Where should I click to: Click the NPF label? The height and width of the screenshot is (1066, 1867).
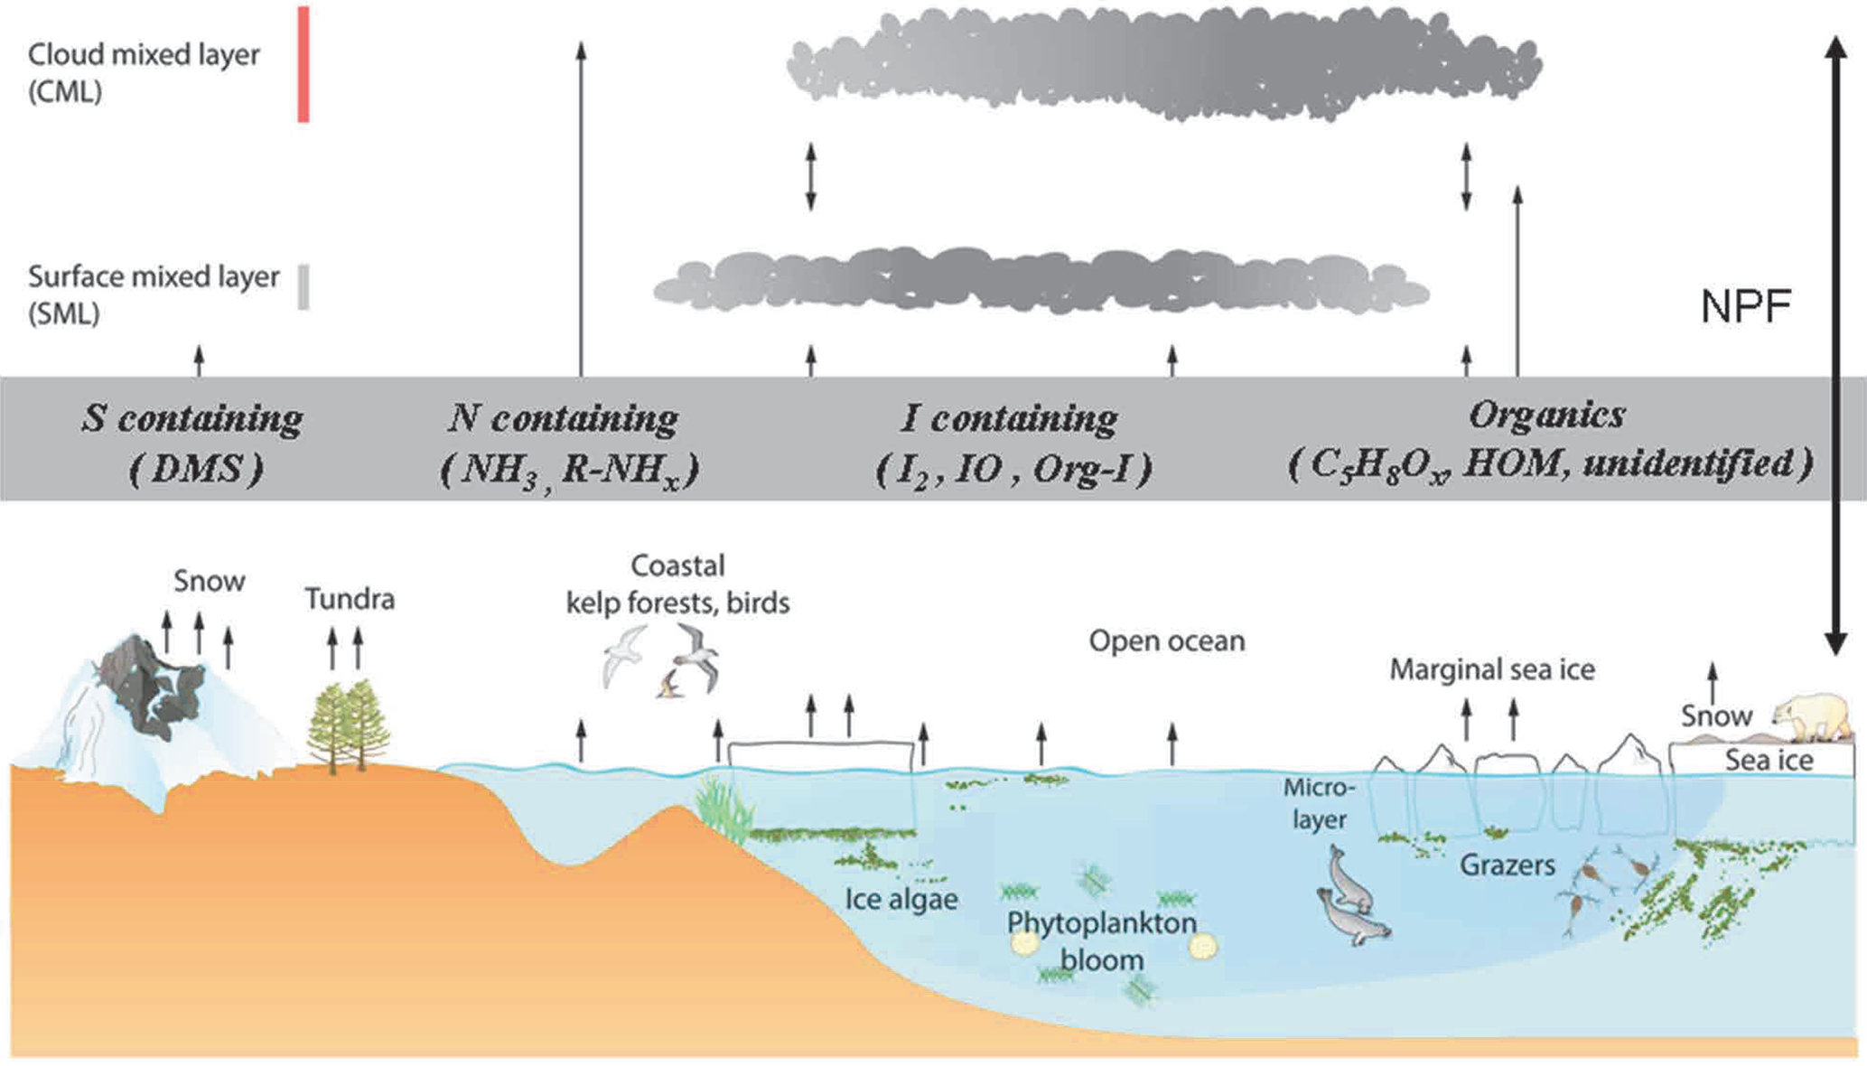pos(1745,307)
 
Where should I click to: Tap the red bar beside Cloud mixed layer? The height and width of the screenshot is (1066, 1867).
pos(303,64)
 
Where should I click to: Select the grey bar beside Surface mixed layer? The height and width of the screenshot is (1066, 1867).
pos(303,287)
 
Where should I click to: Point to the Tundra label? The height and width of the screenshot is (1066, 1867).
pos(350,599)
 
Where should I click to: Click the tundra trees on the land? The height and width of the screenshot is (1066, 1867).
pos(348,727)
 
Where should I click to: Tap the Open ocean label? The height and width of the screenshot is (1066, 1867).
pos(1166,641)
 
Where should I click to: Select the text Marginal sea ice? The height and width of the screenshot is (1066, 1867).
pos(1491,669)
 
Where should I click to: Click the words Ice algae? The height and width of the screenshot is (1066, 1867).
pos(901,899)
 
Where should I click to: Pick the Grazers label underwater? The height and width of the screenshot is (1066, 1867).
pos(1507,865)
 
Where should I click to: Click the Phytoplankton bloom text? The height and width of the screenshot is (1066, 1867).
pos(1101,940)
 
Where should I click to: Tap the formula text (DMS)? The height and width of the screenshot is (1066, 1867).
pos(196,468)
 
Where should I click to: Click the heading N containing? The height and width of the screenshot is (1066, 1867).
pos(563,418)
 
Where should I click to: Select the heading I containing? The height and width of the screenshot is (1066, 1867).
pos(1009,418)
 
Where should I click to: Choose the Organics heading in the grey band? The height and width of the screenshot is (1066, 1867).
pos(1546,415)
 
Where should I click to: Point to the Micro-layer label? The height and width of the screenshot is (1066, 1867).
pos(1319,803)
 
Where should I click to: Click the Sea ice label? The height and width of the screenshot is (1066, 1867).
pos(1769,761)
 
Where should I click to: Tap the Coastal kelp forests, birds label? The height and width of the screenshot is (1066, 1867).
pos(677,584)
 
